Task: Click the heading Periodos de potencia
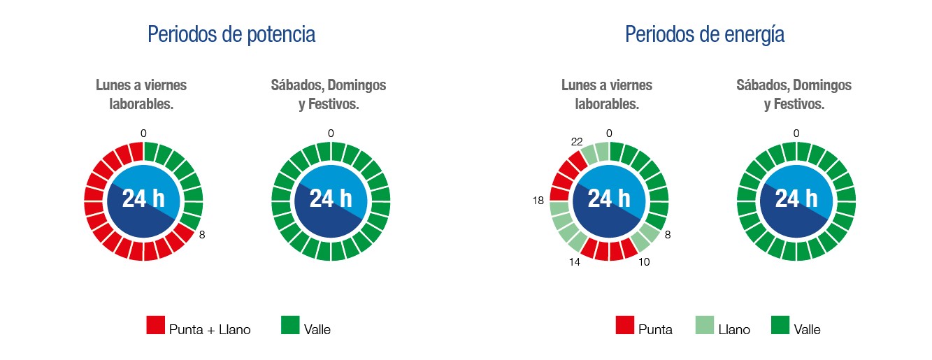[231, 34]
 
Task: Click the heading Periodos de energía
[704, 34]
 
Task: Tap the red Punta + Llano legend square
[155, 325]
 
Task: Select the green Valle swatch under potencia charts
[289, 325]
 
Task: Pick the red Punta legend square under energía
[624, 325]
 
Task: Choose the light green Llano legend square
[704, 325]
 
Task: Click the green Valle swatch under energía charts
[780, 325]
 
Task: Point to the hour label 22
[576, 141]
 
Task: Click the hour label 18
[538, 201]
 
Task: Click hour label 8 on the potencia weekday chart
[202, 236]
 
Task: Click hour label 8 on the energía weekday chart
[667, 236]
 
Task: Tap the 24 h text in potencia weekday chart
[143, 199]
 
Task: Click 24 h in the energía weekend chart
[796, 199]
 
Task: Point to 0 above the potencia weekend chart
[330, 134]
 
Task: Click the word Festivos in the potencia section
[334, 105]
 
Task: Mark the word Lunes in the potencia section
[112, 85]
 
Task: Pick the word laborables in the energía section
[606, 105]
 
